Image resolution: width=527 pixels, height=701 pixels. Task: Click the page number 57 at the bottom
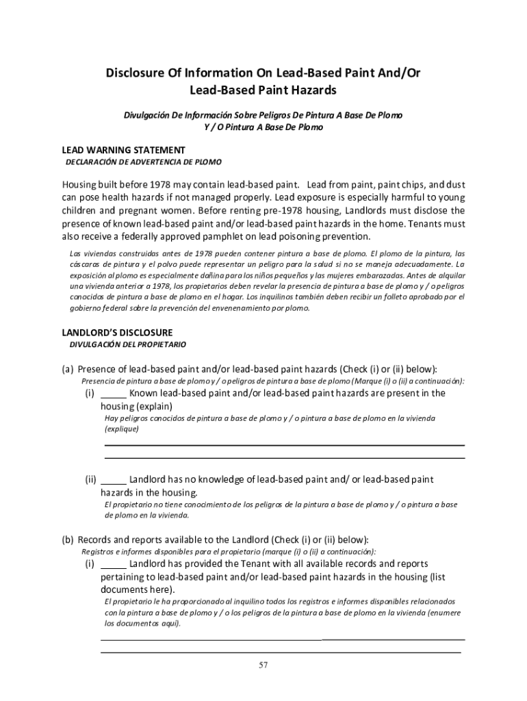point(263,665)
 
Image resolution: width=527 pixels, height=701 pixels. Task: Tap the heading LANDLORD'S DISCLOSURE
point(117,332)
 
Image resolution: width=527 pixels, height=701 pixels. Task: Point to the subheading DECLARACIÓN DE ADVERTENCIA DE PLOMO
point(143,162)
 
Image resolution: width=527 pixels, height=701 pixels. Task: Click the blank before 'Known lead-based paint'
point(114,394)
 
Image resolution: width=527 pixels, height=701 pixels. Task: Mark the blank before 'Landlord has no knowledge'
point(114,481)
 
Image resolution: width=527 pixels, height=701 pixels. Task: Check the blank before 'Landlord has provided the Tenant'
point(114,565)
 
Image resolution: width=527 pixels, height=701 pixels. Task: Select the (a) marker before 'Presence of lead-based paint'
point(68,369)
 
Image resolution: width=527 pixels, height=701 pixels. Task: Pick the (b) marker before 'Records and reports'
point(68,539)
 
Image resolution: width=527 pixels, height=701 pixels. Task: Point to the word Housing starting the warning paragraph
point(81,185)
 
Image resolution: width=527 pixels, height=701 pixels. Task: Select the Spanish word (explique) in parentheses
point(122,429)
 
